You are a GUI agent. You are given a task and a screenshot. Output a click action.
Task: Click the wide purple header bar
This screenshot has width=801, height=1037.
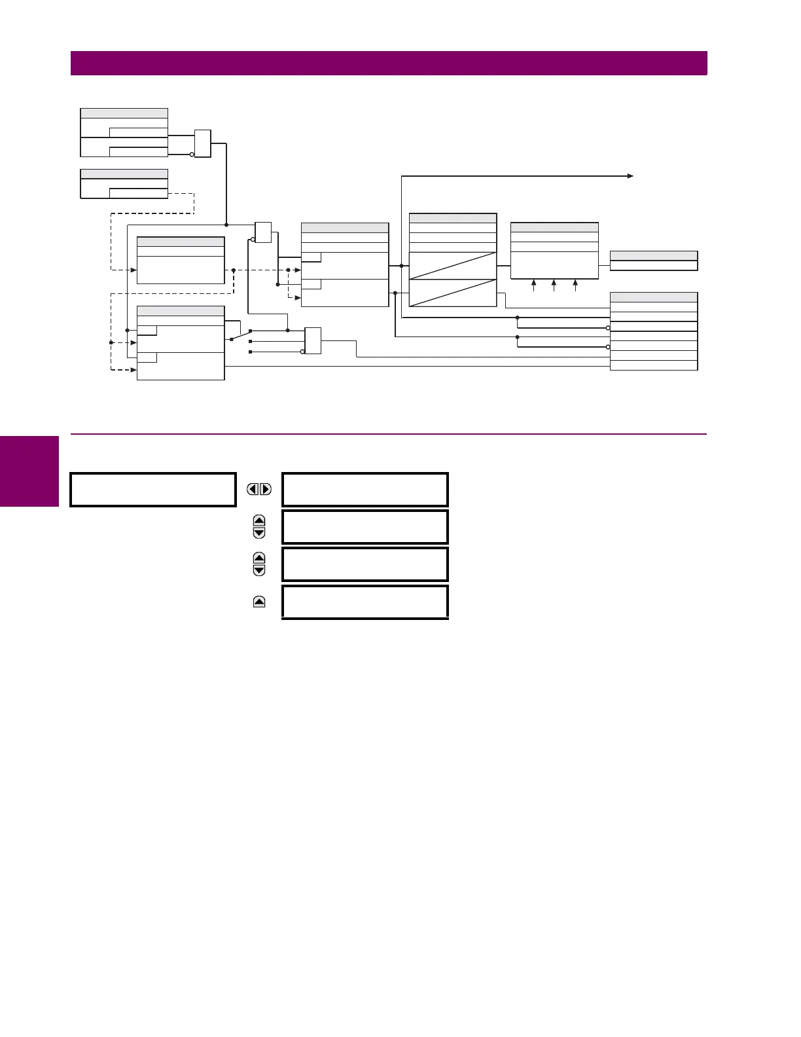[x=389, y=64]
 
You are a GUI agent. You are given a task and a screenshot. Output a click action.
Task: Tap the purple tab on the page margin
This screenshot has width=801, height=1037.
[x=29, y=471]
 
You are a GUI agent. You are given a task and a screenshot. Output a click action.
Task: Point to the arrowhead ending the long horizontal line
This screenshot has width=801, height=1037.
[x=630, y=176]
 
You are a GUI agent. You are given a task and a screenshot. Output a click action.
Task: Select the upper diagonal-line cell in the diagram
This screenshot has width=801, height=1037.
[x=453, y=266]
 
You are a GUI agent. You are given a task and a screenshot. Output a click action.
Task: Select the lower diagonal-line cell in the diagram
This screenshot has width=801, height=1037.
[x=453, y=293]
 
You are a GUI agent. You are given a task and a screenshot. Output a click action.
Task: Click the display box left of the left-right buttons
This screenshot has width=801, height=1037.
[x=153, y=490]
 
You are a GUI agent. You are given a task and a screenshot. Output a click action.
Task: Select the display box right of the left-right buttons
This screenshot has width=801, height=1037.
[x=365, y=490]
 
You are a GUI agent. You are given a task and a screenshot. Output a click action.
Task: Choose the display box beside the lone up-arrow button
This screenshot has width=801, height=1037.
[x=365, y=602]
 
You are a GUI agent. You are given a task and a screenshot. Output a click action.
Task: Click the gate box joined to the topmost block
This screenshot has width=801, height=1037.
[x=203, y=144]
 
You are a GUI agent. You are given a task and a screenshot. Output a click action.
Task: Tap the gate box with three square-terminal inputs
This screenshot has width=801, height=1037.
[x=313, y=340]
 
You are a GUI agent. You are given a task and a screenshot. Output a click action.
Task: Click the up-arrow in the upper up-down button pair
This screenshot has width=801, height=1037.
[x=259, y=521]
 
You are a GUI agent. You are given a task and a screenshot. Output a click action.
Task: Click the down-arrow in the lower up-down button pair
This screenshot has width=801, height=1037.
[x=259, y=570]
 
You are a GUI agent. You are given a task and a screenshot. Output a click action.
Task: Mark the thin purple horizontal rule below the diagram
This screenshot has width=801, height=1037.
[x=389, y=434]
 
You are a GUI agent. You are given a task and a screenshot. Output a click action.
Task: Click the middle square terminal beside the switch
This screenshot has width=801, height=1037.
[x=251, y=341]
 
